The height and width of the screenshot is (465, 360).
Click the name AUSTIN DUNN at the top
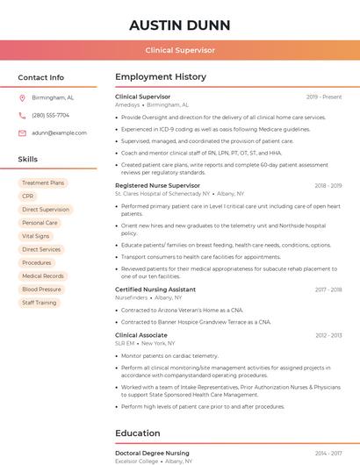pyautogui.click(x=179, y=25)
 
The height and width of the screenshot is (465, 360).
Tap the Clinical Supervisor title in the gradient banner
pyautogui.click(x=179, y=50)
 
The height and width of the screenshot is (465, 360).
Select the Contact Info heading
pyautogui.click(x=41, y=77)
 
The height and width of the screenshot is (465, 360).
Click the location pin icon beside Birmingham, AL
pyautogui.click(x=22, y=98)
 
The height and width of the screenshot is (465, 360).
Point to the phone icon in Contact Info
pyautogui.click(x=22, y=115)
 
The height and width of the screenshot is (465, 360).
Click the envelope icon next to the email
pyautogui.click(x=22, y=132)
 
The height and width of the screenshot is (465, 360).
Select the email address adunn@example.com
pyautogui.click(x=59, y=132)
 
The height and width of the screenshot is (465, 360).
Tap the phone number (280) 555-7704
pyautogui.click(x=50, y=115)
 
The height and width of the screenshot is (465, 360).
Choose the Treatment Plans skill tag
pyautogui.click(x=43, y=183)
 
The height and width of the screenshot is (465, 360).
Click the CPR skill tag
pyautogui.click(x=28, y=197)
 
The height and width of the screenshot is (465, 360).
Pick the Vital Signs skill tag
pyautogui.click(x=36, y=236)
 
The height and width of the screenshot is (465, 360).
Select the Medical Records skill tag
pyautogui.click(x=43, y=276)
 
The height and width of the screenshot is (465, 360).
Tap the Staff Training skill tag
pyautogui.click(x=40, y=303)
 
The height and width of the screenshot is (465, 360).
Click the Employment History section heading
pyautogui.click(x=161, y=77)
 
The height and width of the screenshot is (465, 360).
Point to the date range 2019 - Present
pyautogui.click(x=323, y=97)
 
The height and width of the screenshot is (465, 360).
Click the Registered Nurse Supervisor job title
pyautogui.click(x=157, y=186)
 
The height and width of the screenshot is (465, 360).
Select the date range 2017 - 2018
pyautogui.click(x=328, y=290)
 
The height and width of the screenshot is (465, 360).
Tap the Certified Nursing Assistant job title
pyautogui.click(x=155, y=290)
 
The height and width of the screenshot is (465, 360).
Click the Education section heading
pyautogui.click(x=138, y=433)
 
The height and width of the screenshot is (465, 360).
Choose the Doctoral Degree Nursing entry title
pyautogui.click(x=152, y=453)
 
